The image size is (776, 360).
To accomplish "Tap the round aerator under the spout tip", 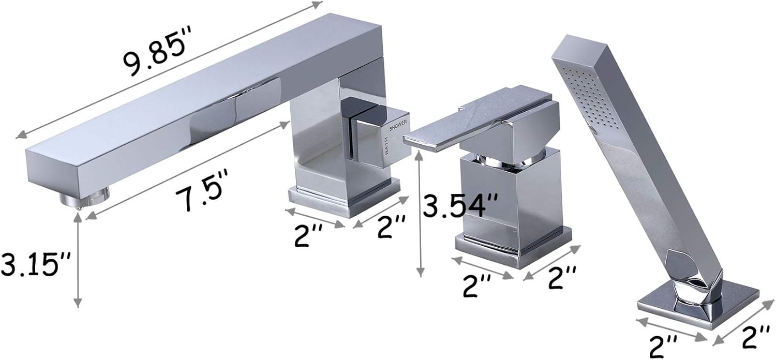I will [85, 197].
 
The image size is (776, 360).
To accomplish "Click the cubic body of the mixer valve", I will [510, 197].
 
